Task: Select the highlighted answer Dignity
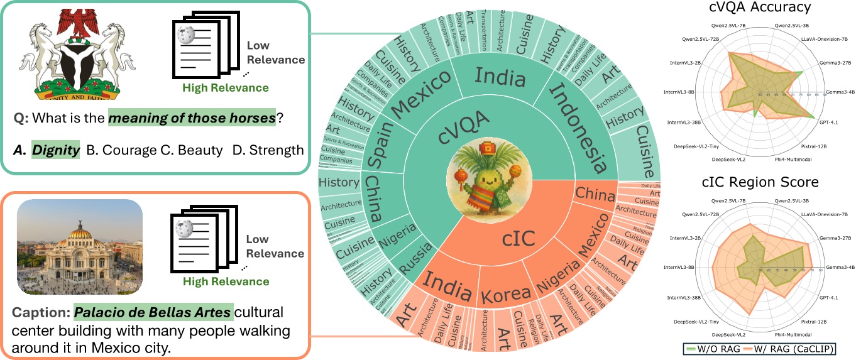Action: click(56, 150)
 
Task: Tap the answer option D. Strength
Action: click(268, 150)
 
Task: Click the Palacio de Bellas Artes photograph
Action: click(80, 247)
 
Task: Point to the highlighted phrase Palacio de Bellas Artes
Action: click(154, 312)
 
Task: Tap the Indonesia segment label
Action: click(578, 128)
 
